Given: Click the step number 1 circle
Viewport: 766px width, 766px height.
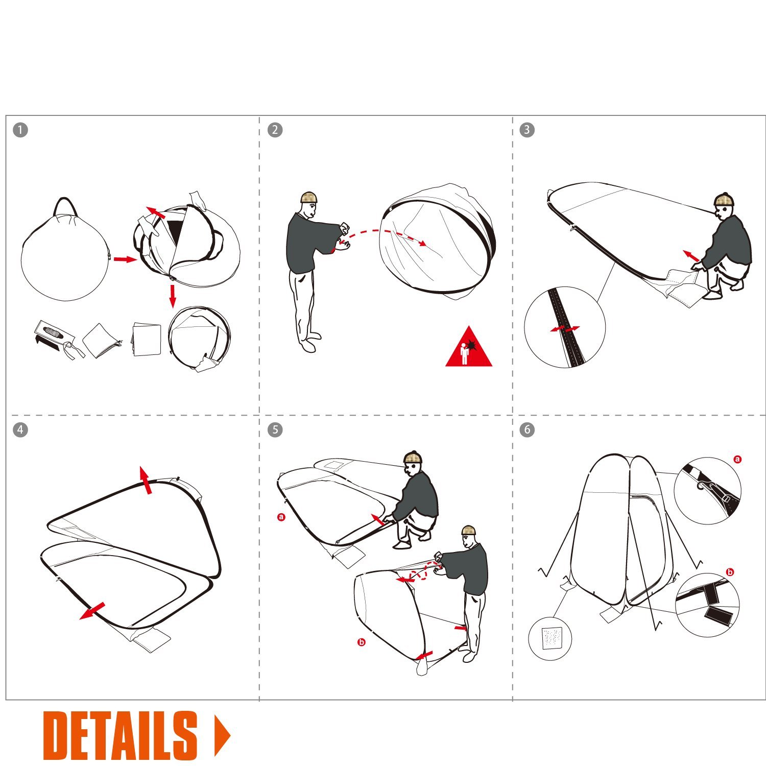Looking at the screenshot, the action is [x=20, y=130].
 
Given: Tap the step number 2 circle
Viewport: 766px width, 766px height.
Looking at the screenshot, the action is [x=275, y=130].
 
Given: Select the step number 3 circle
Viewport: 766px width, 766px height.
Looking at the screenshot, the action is [x=527, y=130].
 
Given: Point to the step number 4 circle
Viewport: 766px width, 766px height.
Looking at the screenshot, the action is [x=20, y=429].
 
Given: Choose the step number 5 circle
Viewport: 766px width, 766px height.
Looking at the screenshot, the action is [x=275, y=429].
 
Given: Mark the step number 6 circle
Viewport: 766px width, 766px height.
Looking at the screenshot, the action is [x=527, y=429].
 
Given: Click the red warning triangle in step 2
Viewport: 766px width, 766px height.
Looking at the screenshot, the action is [x=468, y=348].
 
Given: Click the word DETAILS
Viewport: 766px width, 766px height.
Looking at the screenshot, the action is [x=120, y=735].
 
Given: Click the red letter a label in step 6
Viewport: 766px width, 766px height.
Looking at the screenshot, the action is [x=737, y=459].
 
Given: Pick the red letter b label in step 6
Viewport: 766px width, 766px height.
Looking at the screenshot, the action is [x=730, y=572].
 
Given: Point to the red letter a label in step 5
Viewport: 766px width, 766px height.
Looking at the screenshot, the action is [x=281, y=517].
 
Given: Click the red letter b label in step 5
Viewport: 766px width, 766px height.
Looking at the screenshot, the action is [x=362, y=642].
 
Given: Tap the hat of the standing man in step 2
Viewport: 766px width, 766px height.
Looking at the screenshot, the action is [x=309, y=197].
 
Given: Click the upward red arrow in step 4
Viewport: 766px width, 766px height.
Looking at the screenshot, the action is [x=146, y=480].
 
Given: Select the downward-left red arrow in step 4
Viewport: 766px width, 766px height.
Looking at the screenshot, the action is [x=92, y=611].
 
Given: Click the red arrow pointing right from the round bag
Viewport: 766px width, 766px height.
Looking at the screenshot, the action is [x=125, y=259].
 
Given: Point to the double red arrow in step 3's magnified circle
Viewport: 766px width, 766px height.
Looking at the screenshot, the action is [x=565, y=328].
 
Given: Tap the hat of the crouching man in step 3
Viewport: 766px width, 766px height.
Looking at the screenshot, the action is [x=724, y=199].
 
